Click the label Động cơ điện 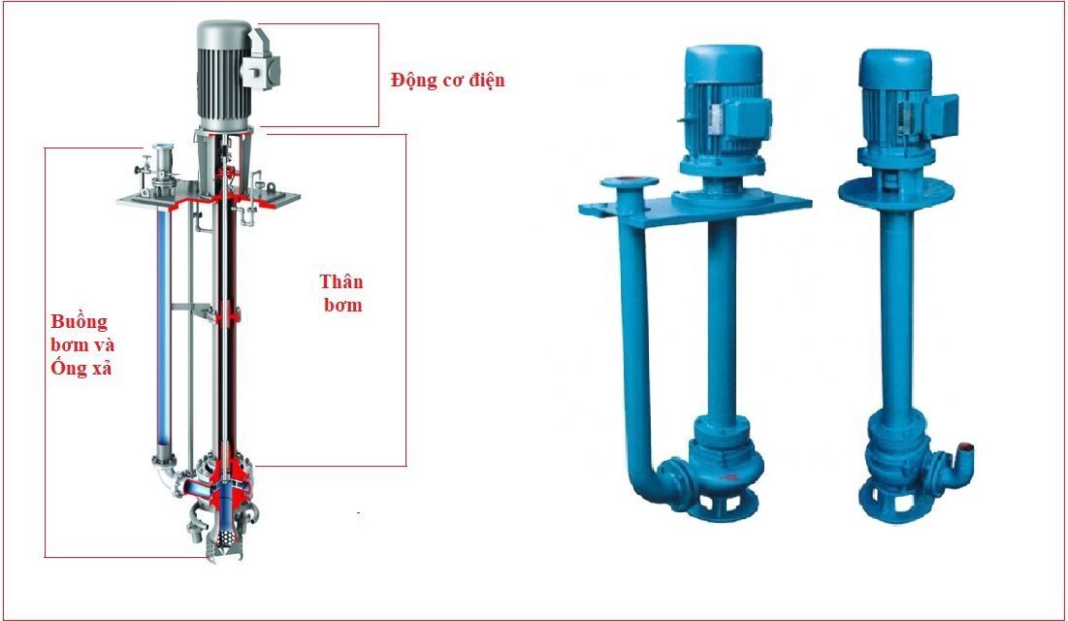447,81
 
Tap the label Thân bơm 341,292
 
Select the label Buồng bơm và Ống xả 81,344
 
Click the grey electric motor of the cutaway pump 225,75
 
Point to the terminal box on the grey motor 261,68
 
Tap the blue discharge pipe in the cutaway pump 164,326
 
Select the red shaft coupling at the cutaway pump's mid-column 228,314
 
